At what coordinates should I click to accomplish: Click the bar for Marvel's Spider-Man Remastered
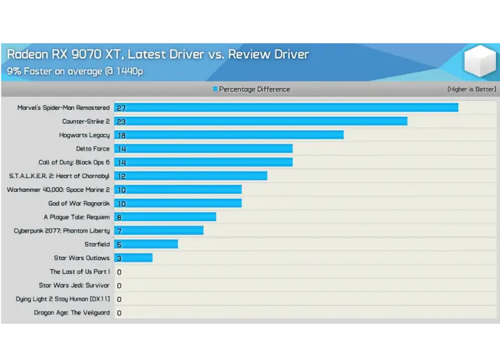point(287,107)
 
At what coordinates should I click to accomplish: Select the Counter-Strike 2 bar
point(261,121)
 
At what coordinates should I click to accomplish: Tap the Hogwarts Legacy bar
point(229,135)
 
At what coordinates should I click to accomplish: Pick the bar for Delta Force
point(203,149)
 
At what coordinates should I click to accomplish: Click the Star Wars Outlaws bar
point(133,258)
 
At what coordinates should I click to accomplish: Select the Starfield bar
point(146,244)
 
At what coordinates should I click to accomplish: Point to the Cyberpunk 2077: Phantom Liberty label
point(62,231)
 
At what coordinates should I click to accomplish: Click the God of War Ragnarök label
point(79,203)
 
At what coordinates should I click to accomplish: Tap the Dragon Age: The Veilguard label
point(72,313)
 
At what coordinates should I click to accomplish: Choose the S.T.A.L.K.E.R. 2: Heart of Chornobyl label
point(59,176)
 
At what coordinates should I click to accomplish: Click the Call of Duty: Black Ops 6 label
point(74,162)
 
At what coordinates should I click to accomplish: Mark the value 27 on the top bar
point(121,108)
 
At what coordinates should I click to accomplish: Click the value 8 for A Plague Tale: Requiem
point(119,217)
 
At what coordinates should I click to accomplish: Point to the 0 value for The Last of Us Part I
point(119,272)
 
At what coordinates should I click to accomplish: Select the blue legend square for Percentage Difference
point(215,89)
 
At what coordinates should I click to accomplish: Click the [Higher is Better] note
point(471,89)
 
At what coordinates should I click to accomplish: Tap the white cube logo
point(480,61)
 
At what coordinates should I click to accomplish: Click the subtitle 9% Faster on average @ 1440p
point(75,71)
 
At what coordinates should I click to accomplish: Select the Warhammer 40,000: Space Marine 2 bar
point(178,189)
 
